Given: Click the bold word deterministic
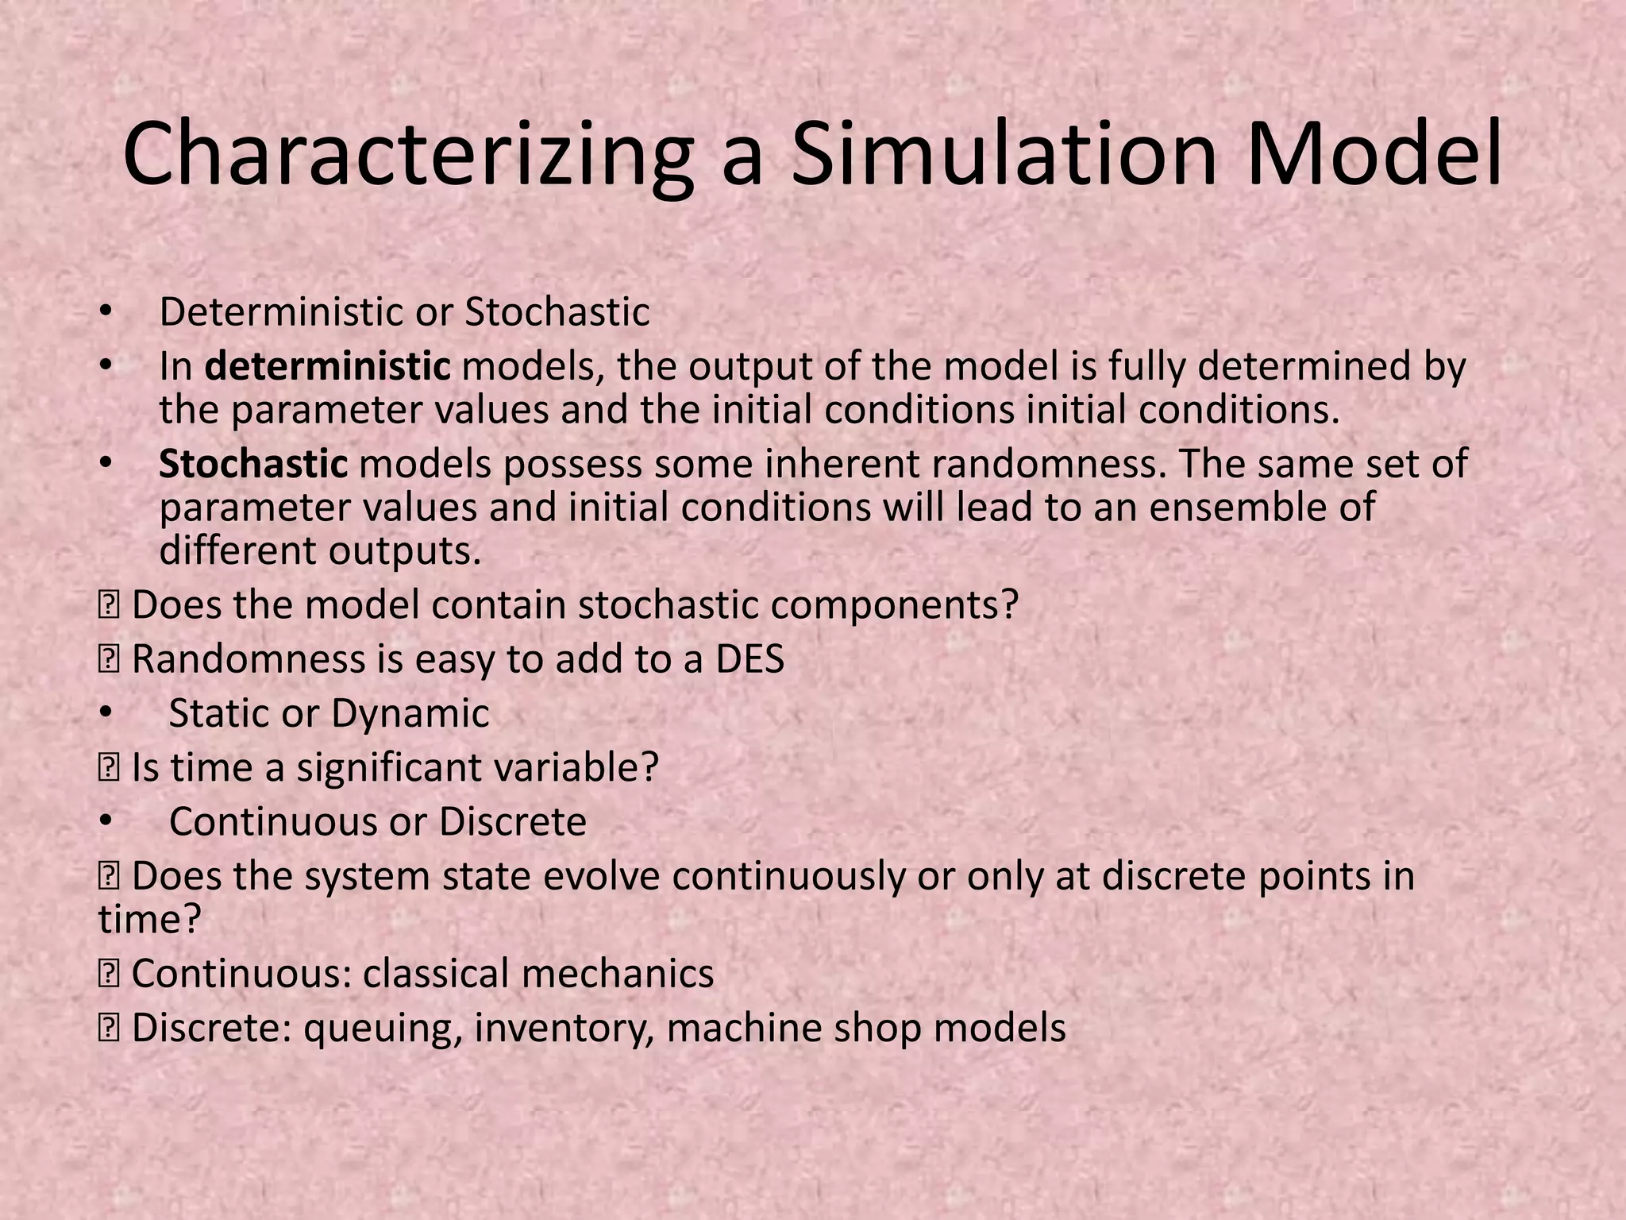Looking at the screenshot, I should pyautogui.click(x=327, y=367).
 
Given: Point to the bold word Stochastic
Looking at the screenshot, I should pyautogui.click(x=253, y=465).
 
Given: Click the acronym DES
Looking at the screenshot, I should pyautogui.click(x=749, y=659).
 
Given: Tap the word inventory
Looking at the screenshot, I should pyautogui.click(x=564, y=1029).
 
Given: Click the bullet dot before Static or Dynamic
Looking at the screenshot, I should pyautogui.click(x=106, y=713).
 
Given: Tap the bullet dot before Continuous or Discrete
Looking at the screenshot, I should pyautogui.click(x=106, y=822).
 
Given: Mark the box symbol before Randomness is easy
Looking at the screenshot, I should pyautogui.click(x=108, y=660).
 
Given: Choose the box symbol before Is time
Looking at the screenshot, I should pyautogui.click(x=108, y=768).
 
